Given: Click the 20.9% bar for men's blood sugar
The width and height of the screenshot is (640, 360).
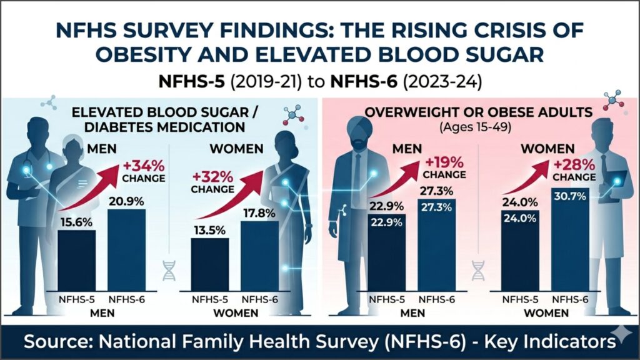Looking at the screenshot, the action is [126, 250].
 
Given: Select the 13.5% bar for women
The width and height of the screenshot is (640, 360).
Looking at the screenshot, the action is [210, 264].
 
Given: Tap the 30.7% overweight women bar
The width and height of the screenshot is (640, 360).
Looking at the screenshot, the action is [570, 239].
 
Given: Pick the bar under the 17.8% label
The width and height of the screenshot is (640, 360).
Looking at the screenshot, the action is [260, 256].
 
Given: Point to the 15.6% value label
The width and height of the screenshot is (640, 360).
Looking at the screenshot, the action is [76, 223].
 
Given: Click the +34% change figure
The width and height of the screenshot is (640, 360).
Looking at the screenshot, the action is [144, 166].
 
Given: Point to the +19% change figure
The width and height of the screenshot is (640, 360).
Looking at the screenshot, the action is [444, 162].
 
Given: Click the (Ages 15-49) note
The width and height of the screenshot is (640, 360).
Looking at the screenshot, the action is [476, 127].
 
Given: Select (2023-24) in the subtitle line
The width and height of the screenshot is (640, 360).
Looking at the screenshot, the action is [442, 82].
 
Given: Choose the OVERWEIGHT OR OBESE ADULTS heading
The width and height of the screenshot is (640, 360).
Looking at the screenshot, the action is [478, 112].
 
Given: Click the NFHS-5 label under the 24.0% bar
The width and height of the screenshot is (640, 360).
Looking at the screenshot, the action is [520, 299].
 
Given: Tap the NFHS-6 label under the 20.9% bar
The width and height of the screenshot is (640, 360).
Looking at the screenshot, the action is [126, 299].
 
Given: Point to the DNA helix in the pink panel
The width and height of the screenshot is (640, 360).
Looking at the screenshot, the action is [477, 270].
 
